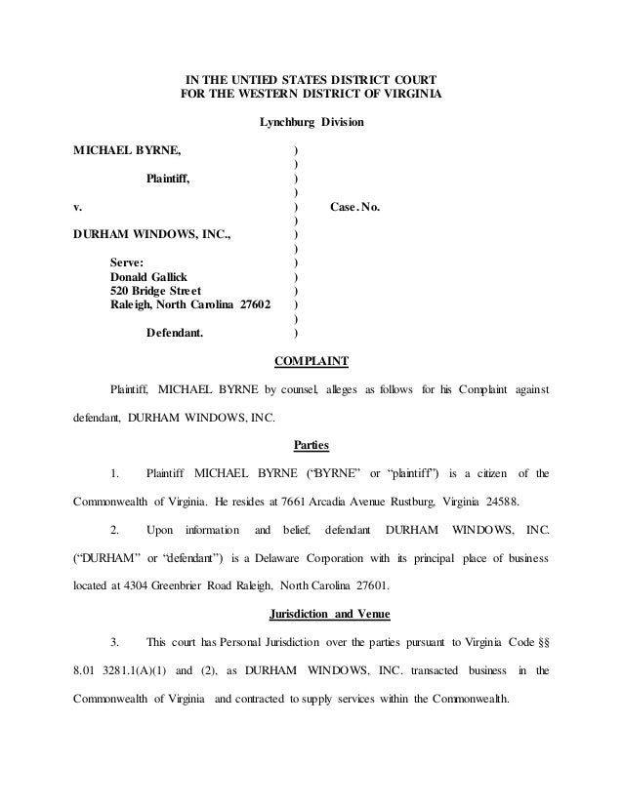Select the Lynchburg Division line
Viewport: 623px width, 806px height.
311,123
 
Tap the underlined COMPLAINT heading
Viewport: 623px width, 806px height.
311,362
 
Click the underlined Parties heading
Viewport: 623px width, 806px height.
311,446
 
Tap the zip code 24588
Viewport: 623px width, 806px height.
504,503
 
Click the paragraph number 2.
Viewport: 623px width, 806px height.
116,531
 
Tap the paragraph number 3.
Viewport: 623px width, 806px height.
116,642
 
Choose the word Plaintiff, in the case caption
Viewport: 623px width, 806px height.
168,180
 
